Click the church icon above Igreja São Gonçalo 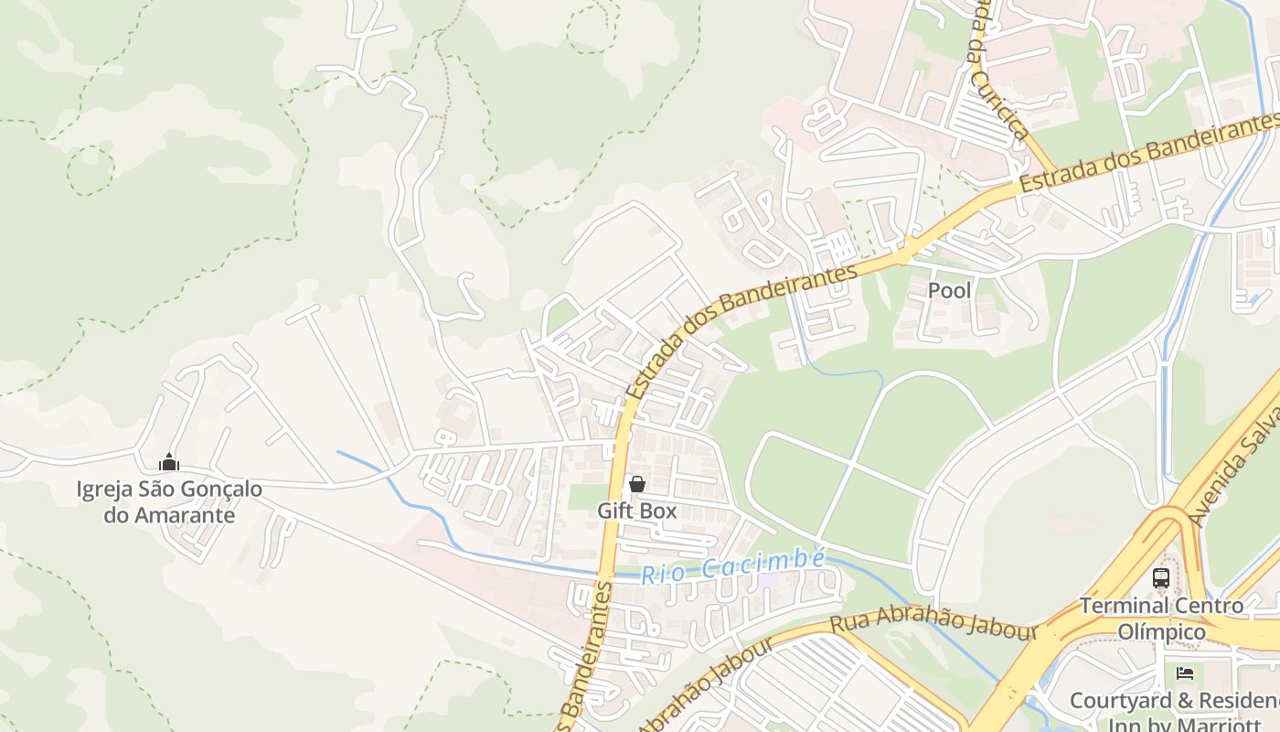pyautogui.click(x=168, y=463)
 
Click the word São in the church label pyautogui.click(x=160, y=490)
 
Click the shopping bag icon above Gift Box pyautogui.click(x=637, y=484)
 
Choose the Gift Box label pyautogui.click(x=637, y=511)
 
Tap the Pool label pyautogui.click(x=949, y=291)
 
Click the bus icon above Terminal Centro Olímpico pyautogui.click(x=1160, y=578)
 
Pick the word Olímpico pyautogui.click(x=1161, y=632)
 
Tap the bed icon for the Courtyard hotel pyautogui.click(x=1185, y=674)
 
